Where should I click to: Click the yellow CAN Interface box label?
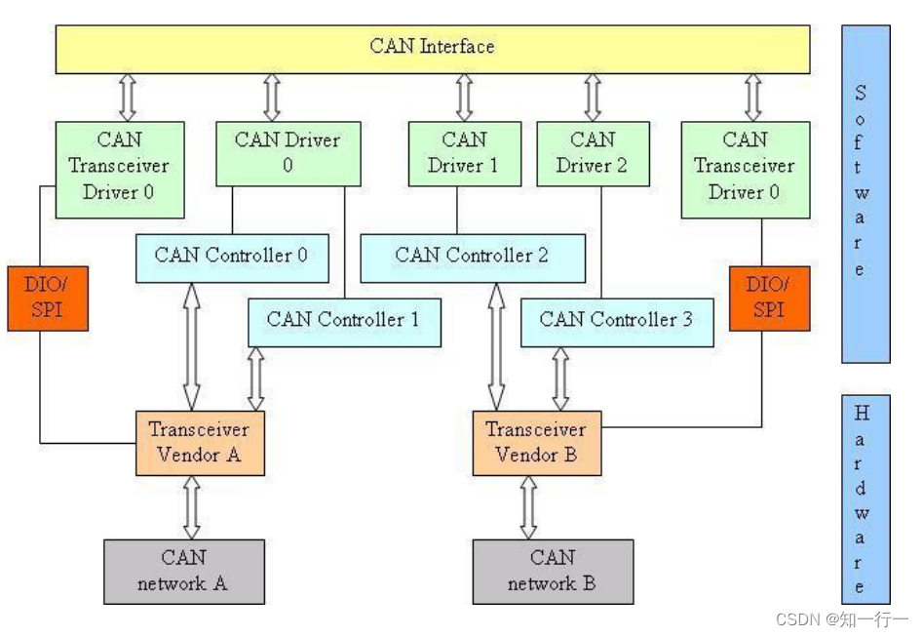click(432, 47)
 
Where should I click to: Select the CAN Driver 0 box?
click(287, 153)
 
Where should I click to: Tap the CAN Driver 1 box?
click(463, 153)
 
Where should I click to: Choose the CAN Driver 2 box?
click(592, 153)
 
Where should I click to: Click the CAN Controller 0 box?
click(231, 257)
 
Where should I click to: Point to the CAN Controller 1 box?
click(343, 321)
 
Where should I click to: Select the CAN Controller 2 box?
click(472, 257)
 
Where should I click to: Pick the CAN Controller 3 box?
click(616, 321)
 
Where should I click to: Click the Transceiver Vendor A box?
click(199, 443)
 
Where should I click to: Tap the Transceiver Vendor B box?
click(536, 443)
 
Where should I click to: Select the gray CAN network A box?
click(183, 572)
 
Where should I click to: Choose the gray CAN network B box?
click(552, 572)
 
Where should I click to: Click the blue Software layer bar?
click(865, 193)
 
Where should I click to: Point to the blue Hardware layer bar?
click(865, 498)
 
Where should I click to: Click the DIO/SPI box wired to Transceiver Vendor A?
click(47, 298)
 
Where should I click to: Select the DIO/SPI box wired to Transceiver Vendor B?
click(769, 298)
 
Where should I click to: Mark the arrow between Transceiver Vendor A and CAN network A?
click(192, 507)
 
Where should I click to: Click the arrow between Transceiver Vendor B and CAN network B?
click(528, 507)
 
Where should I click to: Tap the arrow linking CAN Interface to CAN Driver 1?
click(464, 98)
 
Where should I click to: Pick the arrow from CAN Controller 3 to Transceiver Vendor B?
click(560, 378)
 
